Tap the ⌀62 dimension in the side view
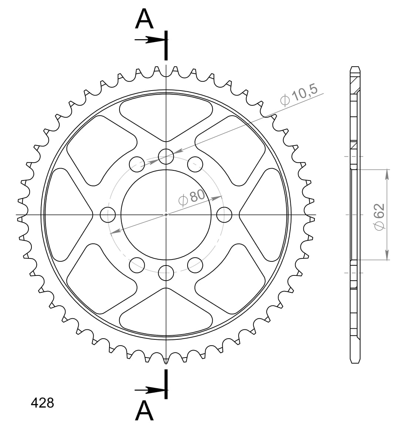coord(380,217)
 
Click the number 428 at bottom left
coord(42,403)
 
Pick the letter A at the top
coord(144,19)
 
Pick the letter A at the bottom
coord(144,411)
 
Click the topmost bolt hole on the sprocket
coord(166,156)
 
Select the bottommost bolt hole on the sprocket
coord(166,273)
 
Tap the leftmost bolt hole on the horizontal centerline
coord(108,214)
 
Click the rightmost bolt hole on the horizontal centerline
coord(224,214)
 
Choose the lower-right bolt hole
coord(195,264)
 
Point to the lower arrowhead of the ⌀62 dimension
coord(387,255)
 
